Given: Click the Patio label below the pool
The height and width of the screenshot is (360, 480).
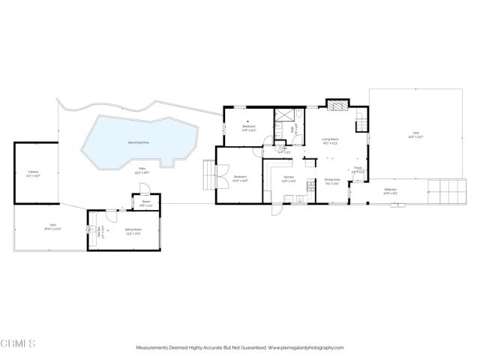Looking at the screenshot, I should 141,170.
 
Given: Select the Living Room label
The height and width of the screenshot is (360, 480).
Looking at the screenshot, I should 331,140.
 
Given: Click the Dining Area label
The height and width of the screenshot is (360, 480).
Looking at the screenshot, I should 332,180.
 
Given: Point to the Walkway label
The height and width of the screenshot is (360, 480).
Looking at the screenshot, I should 390,190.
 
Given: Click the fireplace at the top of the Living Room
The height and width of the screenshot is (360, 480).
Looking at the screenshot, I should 338,106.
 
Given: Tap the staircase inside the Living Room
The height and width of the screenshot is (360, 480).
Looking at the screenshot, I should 361,118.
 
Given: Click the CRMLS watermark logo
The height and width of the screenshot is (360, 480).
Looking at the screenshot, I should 19,343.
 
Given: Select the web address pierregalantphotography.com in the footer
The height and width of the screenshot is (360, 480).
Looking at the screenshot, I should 305,348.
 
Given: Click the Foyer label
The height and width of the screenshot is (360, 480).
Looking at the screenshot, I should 358,171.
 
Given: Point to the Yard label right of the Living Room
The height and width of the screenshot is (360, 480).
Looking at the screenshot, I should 415,136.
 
